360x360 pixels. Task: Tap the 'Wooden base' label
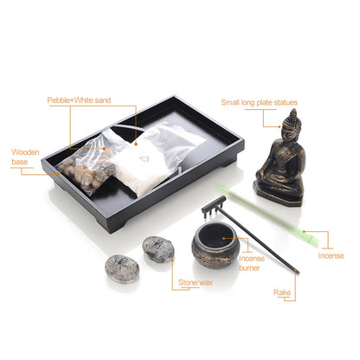click(x=25, y=157)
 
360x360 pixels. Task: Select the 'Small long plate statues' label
click(x=264, y=101)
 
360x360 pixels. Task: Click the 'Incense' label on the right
click(x=331, y=255)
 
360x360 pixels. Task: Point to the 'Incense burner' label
click(x=249, y=262)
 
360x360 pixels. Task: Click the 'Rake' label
click(x=282, y=293)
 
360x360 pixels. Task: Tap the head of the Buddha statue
click(x=292, y=122)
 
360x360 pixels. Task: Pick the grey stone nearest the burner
click(x=158, y=249)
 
